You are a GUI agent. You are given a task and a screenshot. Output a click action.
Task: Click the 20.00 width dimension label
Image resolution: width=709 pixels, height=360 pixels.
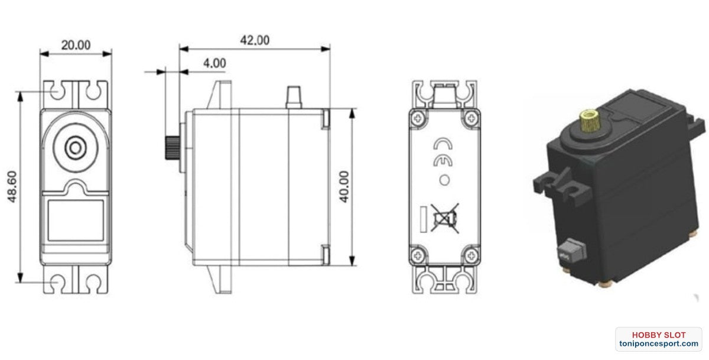click(x=76, y=45)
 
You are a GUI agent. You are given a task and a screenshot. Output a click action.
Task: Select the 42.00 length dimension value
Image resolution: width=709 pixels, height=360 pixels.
click(x=254, y=40)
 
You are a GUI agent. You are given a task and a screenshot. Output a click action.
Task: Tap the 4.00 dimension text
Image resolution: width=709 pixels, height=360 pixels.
click(x=214, y=63)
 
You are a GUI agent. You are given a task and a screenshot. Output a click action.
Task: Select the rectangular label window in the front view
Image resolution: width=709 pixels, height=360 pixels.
click(x=75, y=219)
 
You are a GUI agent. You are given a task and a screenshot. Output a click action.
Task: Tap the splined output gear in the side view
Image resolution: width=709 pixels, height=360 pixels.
click(x=170, y=148)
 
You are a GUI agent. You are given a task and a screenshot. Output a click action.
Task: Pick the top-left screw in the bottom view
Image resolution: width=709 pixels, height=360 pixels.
click(x=419, y=117)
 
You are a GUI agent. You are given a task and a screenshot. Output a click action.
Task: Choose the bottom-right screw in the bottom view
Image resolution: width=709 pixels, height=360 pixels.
click(x=471, y=255)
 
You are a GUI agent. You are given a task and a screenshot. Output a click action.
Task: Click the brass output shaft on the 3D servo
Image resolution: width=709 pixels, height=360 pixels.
click(x=588, y=121)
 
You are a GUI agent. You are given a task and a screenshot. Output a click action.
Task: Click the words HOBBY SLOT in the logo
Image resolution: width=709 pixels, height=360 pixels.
click(x=658, y=335)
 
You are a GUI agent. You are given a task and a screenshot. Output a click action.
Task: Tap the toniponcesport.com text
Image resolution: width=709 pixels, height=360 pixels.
click(x=658, y=344)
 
